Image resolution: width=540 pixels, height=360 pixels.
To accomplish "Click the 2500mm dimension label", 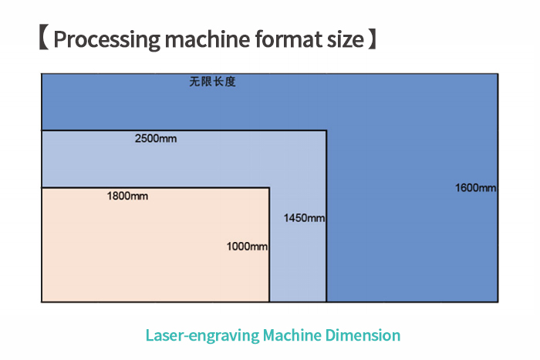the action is tap(156, 138).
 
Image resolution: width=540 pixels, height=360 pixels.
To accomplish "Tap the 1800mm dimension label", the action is tap(127, 196).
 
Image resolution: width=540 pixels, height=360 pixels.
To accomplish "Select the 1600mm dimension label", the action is tap(476, 187).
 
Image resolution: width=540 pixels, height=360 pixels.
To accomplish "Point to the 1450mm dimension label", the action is tap(304, 218).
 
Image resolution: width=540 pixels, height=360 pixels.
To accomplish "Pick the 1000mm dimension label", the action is tap(247, 247).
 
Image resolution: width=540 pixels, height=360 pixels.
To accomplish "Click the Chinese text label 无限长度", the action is tap(212, 82).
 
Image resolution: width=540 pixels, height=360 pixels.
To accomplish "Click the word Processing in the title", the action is tap(107, 39).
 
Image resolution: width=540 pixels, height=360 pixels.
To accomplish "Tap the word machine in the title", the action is tap(208, 39).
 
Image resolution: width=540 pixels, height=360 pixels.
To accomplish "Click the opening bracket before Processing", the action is tap(44, 37).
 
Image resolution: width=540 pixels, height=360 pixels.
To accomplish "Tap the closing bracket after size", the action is tap(373, 37).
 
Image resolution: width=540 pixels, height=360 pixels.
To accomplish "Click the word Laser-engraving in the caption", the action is tap(202, 335).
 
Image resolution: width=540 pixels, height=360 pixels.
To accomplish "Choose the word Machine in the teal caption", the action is tap(292, 335).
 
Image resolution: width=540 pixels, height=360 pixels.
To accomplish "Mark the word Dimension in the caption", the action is tap(363, 335).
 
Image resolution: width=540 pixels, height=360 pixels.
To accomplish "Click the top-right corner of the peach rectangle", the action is tap(269, 187).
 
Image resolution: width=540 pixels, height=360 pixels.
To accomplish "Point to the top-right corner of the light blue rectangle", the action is tap(326, 130).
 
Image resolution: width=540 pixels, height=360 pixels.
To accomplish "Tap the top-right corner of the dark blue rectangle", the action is tap(498, 74).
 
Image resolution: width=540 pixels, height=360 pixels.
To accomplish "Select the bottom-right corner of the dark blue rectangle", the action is tap(498, 302).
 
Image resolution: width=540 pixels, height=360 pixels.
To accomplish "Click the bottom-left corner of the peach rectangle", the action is tap(42, 302).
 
